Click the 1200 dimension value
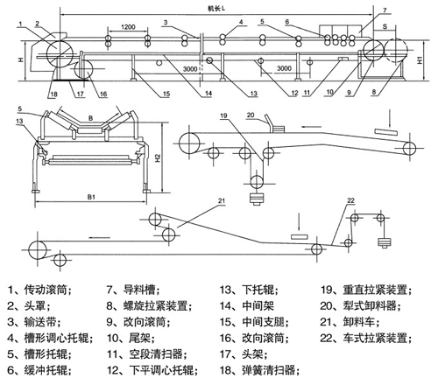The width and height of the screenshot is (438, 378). [128, 27]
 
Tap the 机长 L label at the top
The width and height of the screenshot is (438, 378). [216, 9]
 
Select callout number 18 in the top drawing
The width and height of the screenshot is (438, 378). [53, 94]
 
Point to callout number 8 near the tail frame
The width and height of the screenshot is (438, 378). [374, 92]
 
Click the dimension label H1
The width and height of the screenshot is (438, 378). [420, 60]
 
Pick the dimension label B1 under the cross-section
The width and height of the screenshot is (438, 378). [91, 197]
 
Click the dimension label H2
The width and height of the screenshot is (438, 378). [158, 157]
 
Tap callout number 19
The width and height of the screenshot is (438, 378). [223, 115]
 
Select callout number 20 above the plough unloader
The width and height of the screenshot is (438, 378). [251, 115]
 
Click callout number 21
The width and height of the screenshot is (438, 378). [222, 200]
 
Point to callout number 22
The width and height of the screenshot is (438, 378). [350, 200]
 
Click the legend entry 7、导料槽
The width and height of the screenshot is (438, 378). [133, 290]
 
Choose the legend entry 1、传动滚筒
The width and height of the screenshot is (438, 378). [39, 290]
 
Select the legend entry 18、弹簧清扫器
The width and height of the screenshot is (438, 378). [260, 370]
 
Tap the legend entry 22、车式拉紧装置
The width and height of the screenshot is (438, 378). [366, 339]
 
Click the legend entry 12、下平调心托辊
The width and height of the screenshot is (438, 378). [152, 370]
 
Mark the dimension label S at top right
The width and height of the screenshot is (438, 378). [385, 26]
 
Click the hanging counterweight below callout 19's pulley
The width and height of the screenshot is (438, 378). [257, 199]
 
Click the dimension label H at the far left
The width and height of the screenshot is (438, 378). [21, 59]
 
